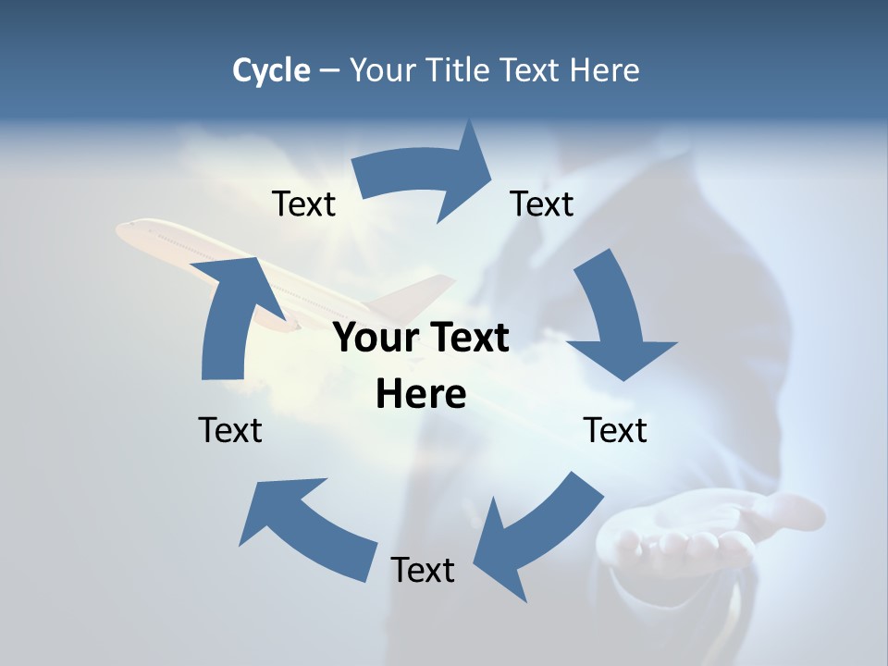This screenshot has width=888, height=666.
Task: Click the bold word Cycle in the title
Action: pyautogui.click(x=271, y=70)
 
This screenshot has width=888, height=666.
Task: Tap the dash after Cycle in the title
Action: pyautogui.click(x=329, y=71)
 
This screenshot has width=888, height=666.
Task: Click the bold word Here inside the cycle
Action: pyautogui.click(x=421, y=394)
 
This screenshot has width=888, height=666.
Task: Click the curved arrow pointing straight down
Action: pyautogui.click(x=615, y=319)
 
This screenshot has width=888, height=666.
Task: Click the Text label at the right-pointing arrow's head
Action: pyautogui.click(x=542, y=203)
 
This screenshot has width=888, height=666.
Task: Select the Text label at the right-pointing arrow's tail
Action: pyautogui.click(x=303, y=203)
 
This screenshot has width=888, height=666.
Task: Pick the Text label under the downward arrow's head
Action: pyautogui.click(x=615, y=430)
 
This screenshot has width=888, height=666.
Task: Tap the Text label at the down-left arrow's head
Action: pyautogui.click(x=423, y=570)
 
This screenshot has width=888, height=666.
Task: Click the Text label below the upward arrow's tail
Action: pyautogui.click(x=230, y=430)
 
